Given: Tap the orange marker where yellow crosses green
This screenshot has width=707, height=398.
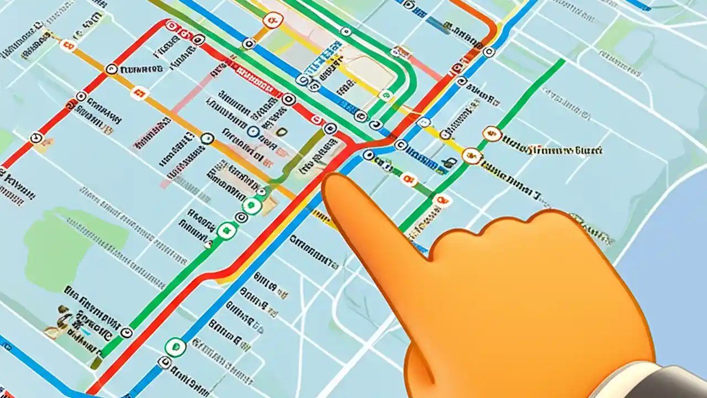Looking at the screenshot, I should point(471,156).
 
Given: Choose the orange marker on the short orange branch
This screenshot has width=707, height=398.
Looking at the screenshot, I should point(271,21).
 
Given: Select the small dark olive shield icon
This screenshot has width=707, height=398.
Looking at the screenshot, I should point(282,132).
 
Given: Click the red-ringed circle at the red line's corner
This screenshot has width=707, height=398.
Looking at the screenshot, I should point(172,25).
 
